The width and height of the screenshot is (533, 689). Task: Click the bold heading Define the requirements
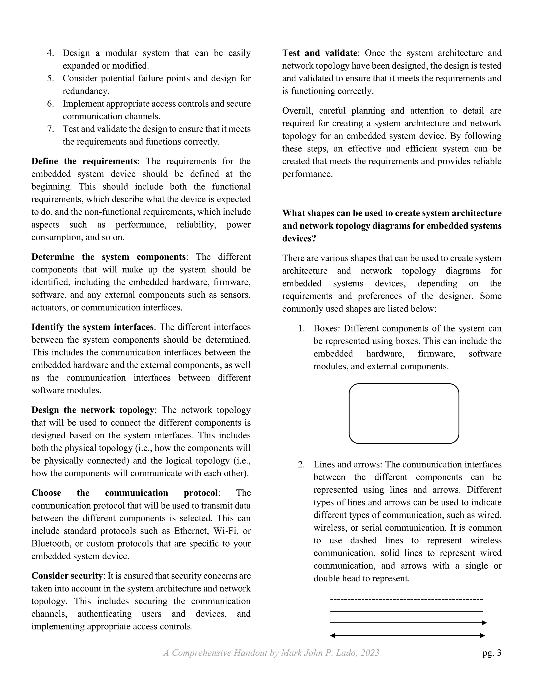coord(84,161)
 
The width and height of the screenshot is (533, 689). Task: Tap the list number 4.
coord(50,53)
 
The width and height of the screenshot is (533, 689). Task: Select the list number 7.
coord(50,129)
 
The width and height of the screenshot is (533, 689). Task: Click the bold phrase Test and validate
coord(320,53)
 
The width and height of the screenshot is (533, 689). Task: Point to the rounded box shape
coord(404,413)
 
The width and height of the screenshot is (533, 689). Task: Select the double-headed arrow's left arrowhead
coord(333,635)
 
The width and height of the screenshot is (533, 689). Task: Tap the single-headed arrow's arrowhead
coord(484,623)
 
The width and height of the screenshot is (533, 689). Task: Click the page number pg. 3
coord(492,653)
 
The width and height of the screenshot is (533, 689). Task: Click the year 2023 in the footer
coord(370,653)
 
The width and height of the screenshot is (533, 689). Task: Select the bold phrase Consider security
coord(67,576)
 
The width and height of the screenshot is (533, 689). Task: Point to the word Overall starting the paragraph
coord(297,111)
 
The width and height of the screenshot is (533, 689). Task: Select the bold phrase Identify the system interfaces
coord(92,327)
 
